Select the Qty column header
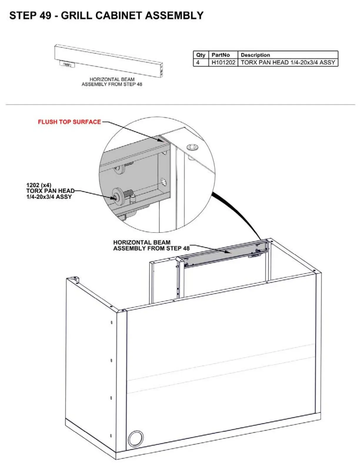(201, 55)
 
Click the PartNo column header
(221, 55)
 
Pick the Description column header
(255, 55)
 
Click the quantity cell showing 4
(198, 62)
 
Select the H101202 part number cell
(223, 62)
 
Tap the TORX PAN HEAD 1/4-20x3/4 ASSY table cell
(288, 62)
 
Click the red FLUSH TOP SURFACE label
(69, 122)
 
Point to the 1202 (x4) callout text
(39, 185)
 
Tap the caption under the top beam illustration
(112, 82)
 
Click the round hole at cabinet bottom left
(136, 438)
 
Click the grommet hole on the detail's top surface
(192, 147)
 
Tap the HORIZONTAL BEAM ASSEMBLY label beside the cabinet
(151, 245)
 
